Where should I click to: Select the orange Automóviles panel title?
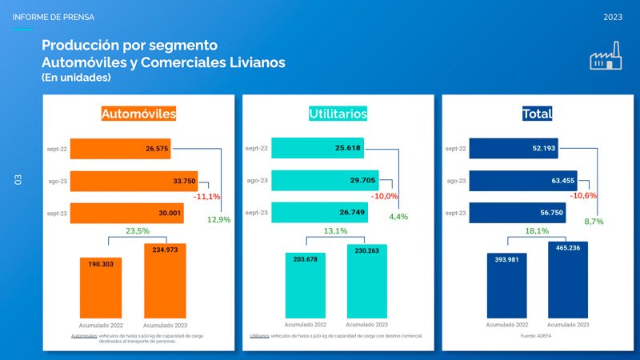138,114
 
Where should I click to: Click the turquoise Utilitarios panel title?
338,114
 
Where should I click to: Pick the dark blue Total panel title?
537,114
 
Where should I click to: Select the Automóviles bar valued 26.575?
120,149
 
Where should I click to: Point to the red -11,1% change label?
206,197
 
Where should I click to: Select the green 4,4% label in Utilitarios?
398,217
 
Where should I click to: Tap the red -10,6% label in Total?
582,196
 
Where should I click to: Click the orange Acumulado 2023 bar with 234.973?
165,280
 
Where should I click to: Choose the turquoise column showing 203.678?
307,285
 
